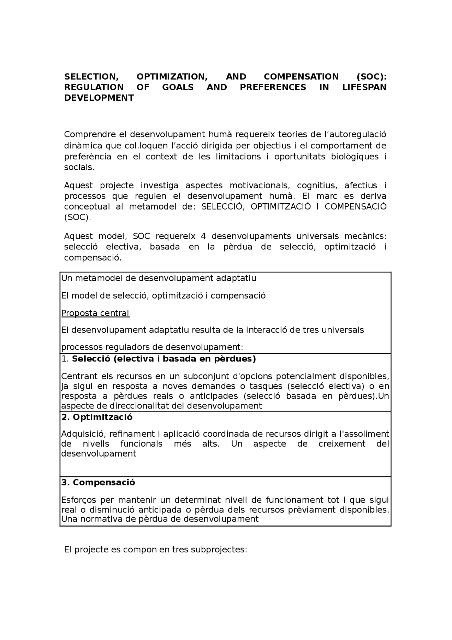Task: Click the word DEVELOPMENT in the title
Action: [99, 98]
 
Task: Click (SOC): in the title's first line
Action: [371, 77]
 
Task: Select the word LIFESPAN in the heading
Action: [364, 87]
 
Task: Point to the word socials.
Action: [79, 168]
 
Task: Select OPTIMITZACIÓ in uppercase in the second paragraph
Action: [281, 207]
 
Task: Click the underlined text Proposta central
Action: [95, 313]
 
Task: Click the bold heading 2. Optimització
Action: [97, 417]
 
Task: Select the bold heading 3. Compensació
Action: [98, 482]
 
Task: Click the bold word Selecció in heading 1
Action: [91, 359]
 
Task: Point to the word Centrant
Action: [79, 376]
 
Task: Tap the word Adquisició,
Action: [83, 434]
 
